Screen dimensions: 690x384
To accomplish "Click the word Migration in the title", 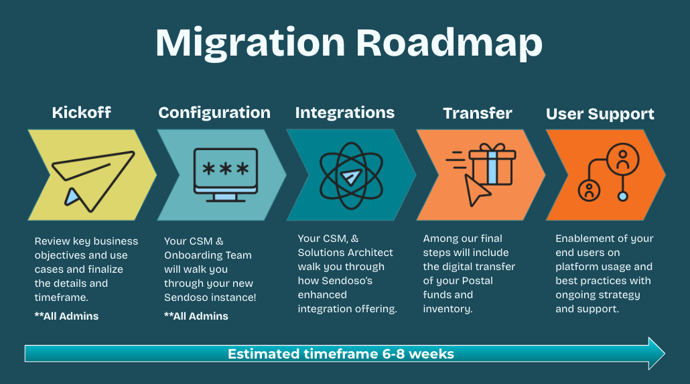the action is pos(251,43).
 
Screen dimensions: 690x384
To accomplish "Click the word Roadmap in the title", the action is pos(449,43).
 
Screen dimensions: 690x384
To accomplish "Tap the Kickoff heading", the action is pos(82,113).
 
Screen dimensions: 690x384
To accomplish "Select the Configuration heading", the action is pos(214,113).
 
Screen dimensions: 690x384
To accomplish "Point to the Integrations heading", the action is pos(345,113).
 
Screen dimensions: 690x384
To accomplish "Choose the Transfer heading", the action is pos(478,113).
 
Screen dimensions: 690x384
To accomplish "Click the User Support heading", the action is pos(600,114).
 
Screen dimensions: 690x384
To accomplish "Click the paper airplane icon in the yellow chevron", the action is pos(93,180).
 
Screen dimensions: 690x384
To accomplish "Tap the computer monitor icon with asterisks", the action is pos(226,175).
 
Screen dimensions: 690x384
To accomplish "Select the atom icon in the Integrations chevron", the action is pos(351,176).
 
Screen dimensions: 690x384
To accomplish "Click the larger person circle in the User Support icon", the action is pos(622,159).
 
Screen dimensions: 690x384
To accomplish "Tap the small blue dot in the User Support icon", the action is pos(622,196).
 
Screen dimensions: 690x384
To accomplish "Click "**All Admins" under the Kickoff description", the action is pos(66,316).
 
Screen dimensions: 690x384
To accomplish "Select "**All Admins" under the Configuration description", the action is pos(196,316).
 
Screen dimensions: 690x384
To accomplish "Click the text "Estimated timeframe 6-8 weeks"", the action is pos(340,354).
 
